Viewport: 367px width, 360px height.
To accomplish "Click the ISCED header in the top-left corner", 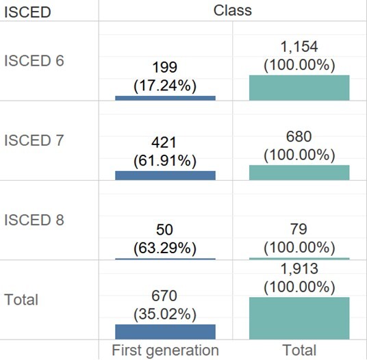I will pyautogui.click(x=27, y=12).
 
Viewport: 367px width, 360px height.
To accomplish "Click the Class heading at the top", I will pyautogui.click(x=232, y=10).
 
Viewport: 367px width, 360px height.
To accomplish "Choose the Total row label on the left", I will pyautogui.click(x=21, y=300).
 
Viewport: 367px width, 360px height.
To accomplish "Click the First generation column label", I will pyautogui.click(x=165, y=350).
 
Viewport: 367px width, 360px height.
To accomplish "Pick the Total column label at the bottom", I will pyautogui.click(x=299, y=350).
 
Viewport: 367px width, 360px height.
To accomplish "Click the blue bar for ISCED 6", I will pyautogui.click(x=165, y=98).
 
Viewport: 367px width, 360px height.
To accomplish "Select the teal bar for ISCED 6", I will pyautogui.click(x=299, y=88).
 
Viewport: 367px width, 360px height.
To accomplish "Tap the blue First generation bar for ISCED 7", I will pyautogui.click(x=165, y=175).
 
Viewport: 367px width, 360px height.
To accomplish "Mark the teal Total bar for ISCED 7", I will pyautogui.click(x=299, y=172).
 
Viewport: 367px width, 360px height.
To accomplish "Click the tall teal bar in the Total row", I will pyautogui.click(x=299, y=318).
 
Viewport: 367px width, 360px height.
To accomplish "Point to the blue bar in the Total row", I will pyautogui.click(x=165, y=331).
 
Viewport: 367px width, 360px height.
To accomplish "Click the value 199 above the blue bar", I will pyautogui.click(x=165, y=67).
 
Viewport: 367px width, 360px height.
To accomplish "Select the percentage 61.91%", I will pyautogui.click(x=165, y=161).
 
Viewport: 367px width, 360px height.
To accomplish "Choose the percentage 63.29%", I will pyautogui.click(x=165, y=245).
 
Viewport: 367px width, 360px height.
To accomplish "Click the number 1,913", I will pyautogui.click(x=299, y=270).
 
